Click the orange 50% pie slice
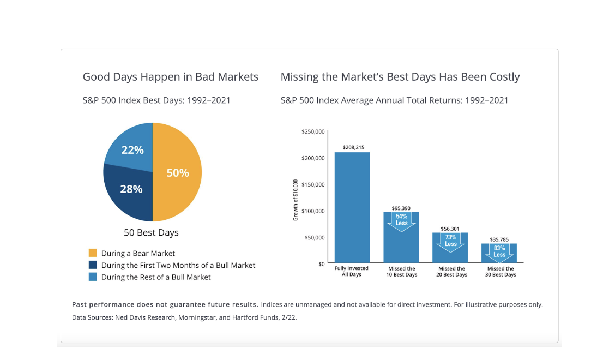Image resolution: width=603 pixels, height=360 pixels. pyautogui.click(x=177, y=173)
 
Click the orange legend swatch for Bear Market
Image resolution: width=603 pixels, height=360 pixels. pyautogui.click(x=92, y=253)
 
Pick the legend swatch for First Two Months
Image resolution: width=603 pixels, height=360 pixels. pyautogui.click(x=92, y=265)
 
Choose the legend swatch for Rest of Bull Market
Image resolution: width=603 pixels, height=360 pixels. pyautogui.click(x=92, y=277)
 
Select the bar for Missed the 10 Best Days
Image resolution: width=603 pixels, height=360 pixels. pyautogui.click(x=401, y=245)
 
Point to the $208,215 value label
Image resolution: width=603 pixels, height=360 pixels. pyautogui.click(x=352, y=147)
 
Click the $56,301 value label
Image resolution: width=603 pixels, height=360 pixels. pyautogui.click(x=450, y=229)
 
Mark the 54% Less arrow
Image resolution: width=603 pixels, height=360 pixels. pyautogui.click(x=401, y=221)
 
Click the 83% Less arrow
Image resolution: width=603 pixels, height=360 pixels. pyautogui.click(x=499, y=251)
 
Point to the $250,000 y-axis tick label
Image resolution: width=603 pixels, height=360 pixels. pyautogui.click(x=312, y=132)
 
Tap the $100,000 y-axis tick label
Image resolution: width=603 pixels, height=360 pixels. pyautogui.click(x=312, y=211)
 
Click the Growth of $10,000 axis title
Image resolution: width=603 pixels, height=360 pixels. pyautogui.click(x=296, y=200)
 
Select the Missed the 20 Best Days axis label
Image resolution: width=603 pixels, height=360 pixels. pyautogui.click(x=451, y=272)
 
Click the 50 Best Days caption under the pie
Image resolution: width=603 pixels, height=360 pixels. pyautogui.click(x=151, y=233)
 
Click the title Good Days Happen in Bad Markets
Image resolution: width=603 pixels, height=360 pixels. pyautogui.click(x=171, y=77)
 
